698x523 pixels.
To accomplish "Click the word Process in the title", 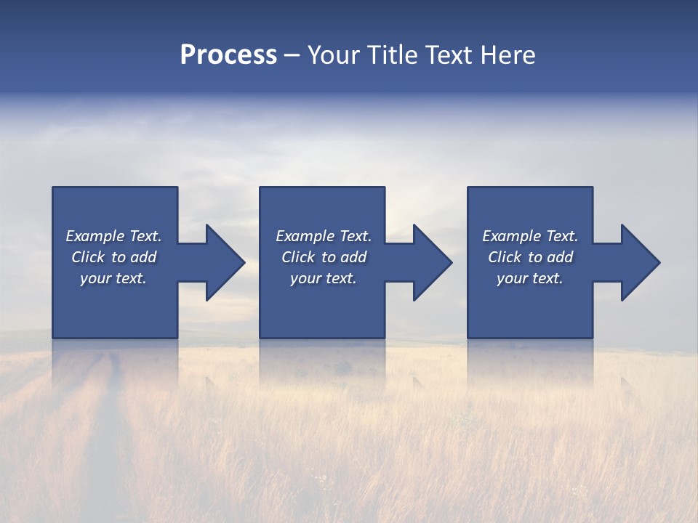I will pos(228,54).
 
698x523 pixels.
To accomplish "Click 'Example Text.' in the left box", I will pos(113,236).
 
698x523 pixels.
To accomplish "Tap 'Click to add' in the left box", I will pos(113,257).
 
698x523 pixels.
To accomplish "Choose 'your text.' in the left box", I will pos(113,278).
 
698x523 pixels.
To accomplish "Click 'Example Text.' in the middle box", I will pos(324,236).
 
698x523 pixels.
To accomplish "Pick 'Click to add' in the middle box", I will pos(324,257).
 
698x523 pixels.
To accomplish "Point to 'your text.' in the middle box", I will pos(324,278).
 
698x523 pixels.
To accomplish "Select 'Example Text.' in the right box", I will pos(530,236).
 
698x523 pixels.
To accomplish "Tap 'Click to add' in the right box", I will pos(530,257).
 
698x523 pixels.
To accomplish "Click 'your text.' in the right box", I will pos(530,278).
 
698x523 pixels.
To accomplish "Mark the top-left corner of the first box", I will pos(53,187).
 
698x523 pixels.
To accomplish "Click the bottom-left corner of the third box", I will pos(468,337).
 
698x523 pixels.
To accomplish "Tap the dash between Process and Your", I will pos(292,56).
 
